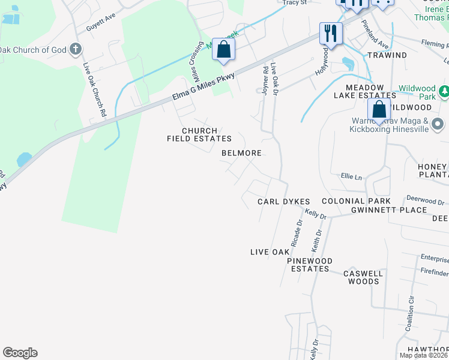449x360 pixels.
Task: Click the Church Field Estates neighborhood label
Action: [199, 134]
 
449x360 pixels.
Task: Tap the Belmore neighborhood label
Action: [241, 153]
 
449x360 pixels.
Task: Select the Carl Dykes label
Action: [283, 202]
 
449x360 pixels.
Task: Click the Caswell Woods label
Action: [363, 277]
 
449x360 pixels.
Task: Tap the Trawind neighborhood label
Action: [387, 55]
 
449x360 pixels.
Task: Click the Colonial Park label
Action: [356, 201]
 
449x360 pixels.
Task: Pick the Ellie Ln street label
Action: [352, 177]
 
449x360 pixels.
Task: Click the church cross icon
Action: [76, 49]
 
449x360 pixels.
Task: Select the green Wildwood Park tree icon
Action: [444, 92]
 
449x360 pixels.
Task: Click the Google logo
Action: [20, 353]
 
